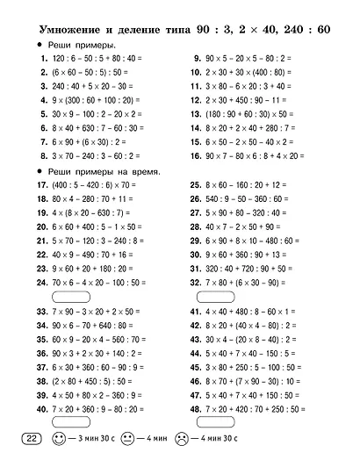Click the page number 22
click(x=28, y=439)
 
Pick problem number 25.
click(x=196, y=185)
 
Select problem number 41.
click(x=196, y=313)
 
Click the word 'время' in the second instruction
click(x=145, y=169)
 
